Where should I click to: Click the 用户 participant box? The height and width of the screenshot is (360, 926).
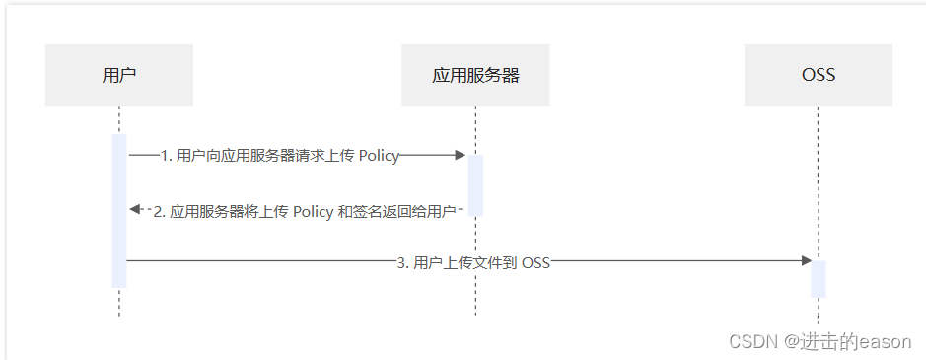click(118, 75)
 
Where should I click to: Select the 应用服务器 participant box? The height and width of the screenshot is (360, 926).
click(475, 75)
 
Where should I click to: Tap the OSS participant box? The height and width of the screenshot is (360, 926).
click(819, 75)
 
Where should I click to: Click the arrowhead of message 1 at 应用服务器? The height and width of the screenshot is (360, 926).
click(460, 155)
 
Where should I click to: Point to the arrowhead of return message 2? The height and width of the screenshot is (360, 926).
click(135, 210)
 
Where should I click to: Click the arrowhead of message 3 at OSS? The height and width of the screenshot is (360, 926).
click(805, 260)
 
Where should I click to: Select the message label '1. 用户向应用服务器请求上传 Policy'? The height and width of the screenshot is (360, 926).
click(279, 155)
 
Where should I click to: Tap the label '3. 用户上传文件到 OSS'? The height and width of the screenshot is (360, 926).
click(472, 262)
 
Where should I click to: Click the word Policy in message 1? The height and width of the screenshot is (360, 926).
click(379, 155)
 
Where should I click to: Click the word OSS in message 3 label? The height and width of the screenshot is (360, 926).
click(535, 262)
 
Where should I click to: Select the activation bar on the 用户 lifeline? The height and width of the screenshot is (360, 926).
click(119, 210)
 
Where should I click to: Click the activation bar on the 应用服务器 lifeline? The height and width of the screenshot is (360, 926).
click(475, 184)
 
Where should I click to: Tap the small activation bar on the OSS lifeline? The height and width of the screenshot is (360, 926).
click(819, 278)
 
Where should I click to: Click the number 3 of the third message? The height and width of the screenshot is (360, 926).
click(400, 262)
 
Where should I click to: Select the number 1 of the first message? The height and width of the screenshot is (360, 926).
click(164, 155)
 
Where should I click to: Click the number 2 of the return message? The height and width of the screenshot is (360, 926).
click(160, 211)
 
